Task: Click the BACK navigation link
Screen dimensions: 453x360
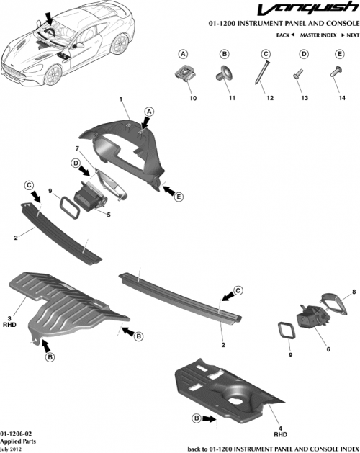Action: (286, 35)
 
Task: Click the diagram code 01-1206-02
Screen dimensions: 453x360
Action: (16, 434)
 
